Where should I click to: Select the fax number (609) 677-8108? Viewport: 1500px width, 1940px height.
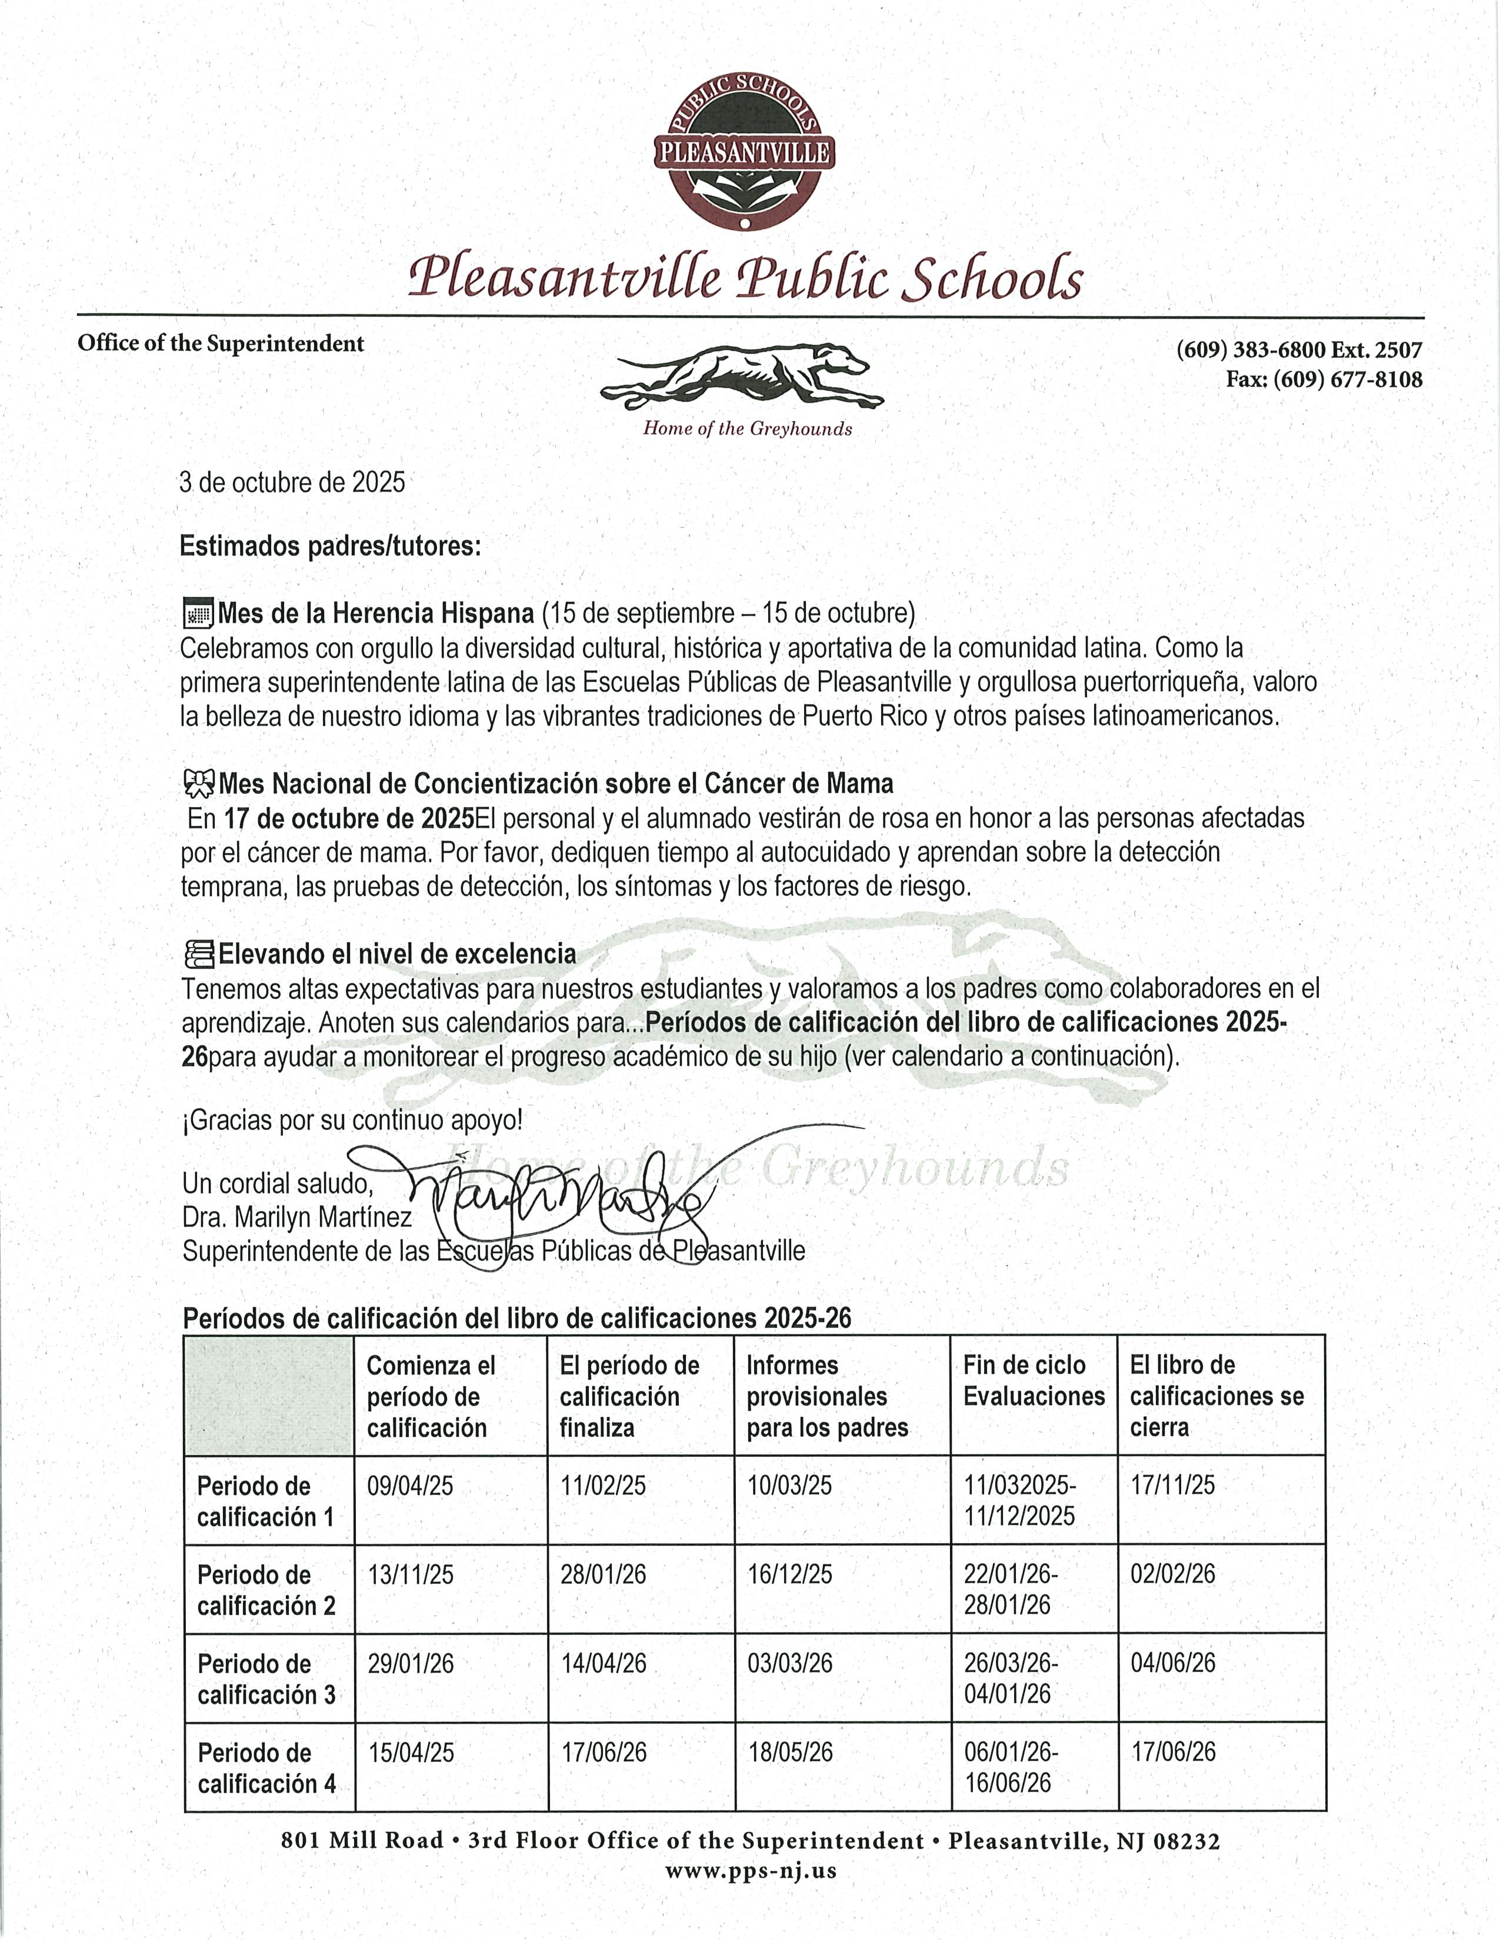pyautogui.click(x=1324, y=379)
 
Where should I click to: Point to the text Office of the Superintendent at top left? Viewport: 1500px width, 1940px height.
pyautogui.click(x=221, y=344)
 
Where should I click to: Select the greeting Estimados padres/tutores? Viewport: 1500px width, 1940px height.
pyautogui.click(x=329, y=546)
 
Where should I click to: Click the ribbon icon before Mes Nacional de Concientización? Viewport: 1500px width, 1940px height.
pyautogui.click(x=198, y=784)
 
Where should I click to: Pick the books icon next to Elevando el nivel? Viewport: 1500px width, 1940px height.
pyautogui.click(x=199, y=954)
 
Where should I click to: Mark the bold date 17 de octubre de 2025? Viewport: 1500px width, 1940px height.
pyautogui.click(x=348, y=817)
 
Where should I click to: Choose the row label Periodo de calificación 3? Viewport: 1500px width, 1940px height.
pyautogui.click(x=266, y=1679)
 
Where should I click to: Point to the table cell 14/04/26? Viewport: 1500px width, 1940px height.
pyautogui.click(x=604, y=1663)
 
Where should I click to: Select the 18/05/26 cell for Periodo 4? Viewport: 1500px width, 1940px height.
pyautogui.click(x=790, y=1752)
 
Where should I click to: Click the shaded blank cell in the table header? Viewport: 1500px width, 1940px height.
pyautogui.click(x=268, y=1396)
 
